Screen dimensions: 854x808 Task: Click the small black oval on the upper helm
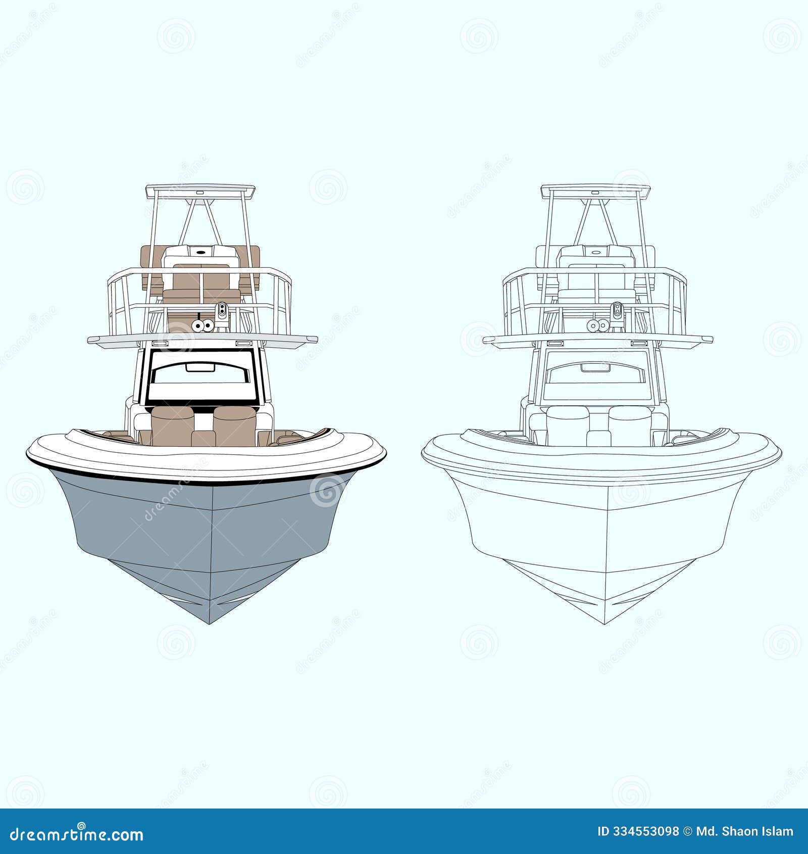[200, 252]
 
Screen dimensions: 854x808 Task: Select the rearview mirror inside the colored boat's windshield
[200, 367]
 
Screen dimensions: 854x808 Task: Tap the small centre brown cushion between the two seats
[204, 438]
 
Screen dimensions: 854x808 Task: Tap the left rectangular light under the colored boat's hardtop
[160, 343]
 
